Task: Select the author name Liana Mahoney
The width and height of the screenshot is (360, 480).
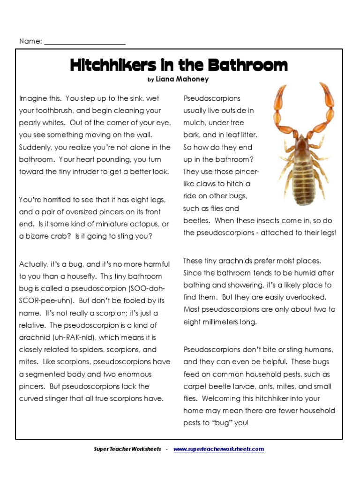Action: point(182,79)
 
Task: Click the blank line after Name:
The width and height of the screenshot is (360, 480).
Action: point(85,42)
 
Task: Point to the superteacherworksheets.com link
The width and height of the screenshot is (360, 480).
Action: point(218,449)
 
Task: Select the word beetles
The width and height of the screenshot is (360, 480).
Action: point(197,221)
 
